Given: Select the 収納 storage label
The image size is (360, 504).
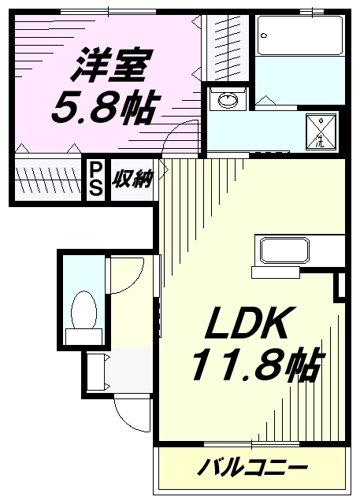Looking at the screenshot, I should (x=131, y=179).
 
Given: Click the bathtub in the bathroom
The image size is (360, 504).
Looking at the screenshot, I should (x=297, y=35).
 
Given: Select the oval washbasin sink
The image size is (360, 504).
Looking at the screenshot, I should (x=227, y=101).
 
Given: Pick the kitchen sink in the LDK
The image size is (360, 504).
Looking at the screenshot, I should (x=283, y=251).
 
